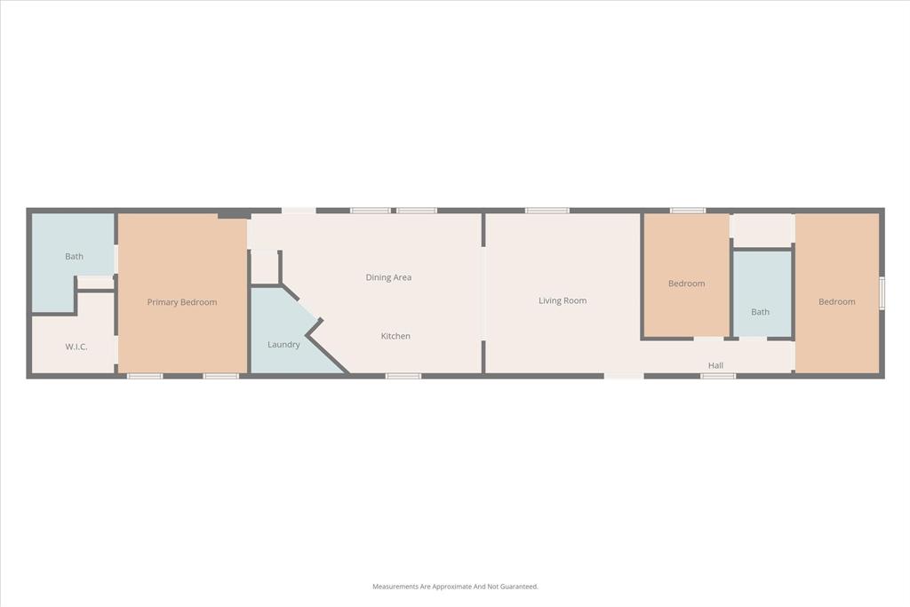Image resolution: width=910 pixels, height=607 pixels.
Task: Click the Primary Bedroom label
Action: (x=182, y=302)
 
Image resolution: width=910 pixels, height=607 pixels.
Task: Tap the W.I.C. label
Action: (x=76, y=347)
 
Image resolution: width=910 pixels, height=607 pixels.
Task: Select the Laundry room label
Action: (x=283, y=345)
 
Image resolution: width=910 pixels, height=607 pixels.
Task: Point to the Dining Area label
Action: (x=388, y=277)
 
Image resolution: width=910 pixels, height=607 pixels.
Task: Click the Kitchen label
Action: (x=395, y=336)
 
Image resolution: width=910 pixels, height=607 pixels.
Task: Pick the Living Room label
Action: (x=563, y=300)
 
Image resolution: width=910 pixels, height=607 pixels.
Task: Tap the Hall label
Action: (x=715, y=365)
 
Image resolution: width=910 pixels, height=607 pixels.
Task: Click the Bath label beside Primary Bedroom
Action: (x=74, y=257)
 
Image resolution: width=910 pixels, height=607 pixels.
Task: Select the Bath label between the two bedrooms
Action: (x=760, y=312)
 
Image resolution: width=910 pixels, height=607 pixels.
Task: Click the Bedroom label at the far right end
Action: (x=836, y=302)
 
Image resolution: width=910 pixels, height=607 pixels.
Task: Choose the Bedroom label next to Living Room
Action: (x=686, y=284)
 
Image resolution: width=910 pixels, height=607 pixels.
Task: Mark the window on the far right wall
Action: (x=882, y=293)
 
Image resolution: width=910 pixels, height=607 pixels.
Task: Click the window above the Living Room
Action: (x=547, y=211)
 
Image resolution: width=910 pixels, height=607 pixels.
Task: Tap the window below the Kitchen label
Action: (x=403, y=376)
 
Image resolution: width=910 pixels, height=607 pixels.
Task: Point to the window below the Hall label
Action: (x=718, y=376)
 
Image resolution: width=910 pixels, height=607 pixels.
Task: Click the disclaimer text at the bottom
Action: (x=455, y=587)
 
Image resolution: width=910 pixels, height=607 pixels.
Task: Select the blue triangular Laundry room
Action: (x=284, y=333)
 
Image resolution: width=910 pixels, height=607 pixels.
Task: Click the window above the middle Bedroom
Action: (x=688, y=211)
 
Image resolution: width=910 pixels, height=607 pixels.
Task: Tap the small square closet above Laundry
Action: (x=264, y=267)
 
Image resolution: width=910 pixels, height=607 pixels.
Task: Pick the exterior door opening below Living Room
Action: (x=624, y=376)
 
